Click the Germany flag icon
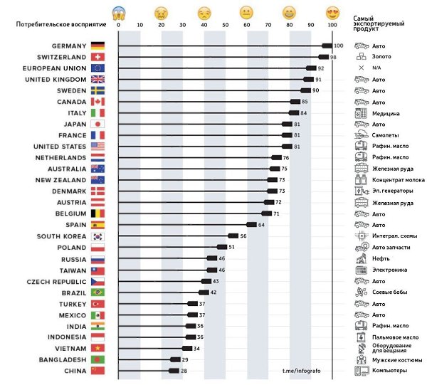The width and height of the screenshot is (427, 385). click(x=97, y=46)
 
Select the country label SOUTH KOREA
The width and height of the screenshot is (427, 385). click(x=62, y=236)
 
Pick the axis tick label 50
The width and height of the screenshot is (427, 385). click(x=226, y=25)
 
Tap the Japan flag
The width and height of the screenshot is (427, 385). click(x=97, y=125)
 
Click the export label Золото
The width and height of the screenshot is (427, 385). click(x=381, y=57)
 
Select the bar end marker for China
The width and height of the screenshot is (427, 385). click(x=174, y=371)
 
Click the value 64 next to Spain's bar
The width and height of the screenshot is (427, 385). click(x=261, y=225)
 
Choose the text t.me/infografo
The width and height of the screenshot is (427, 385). click(x=302, y=371)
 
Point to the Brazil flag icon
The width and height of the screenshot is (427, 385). click(x=97, y=292)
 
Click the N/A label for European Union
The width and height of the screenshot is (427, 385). click(x=377, y=68)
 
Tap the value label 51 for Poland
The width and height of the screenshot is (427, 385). click(x=231, y=247)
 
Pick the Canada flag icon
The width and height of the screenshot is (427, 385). click(x=97, y=102)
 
